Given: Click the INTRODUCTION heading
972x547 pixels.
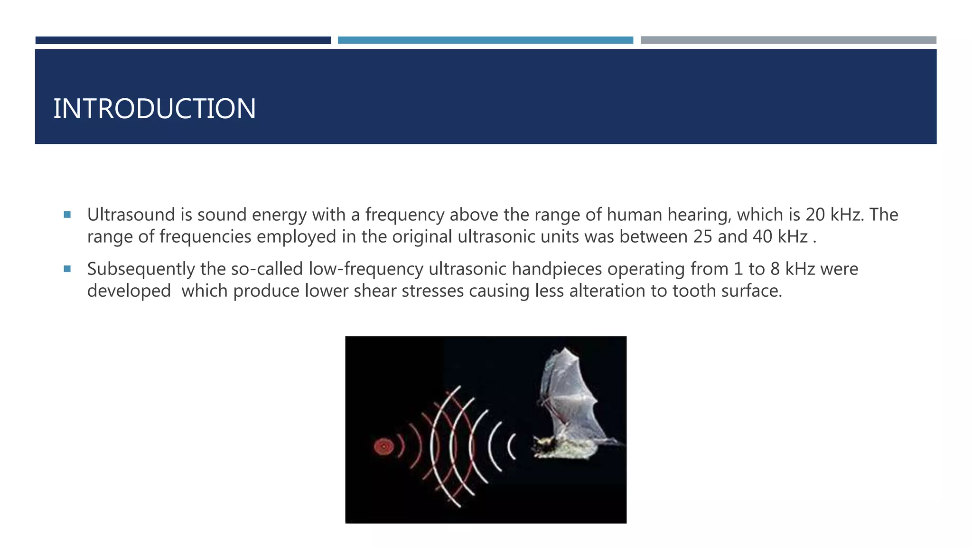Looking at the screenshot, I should pyautogui.click(x=154, y=109).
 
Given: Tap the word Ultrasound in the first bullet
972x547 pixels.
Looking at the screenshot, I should pyautogui.click(x=131, y=215).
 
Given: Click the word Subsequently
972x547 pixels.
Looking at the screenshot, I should pyautogui.click(x=141, y=269).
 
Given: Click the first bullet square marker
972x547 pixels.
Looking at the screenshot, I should pyautogui.click(x=67, y=215).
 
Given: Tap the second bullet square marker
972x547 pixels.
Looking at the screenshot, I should pyautogui.click(x=67, y=269).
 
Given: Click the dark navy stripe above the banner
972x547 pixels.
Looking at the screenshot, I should pyautogui.click(x=183, y=40).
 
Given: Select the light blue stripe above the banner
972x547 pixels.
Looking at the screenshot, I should pyautogui.click(x=485, y=40).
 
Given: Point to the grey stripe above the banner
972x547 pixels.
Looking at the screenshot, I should pyautogui.click(x=788, y=40).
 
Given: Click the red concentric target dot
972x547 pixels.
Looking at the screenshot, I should pyautogui.click(x=383, y=446).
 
